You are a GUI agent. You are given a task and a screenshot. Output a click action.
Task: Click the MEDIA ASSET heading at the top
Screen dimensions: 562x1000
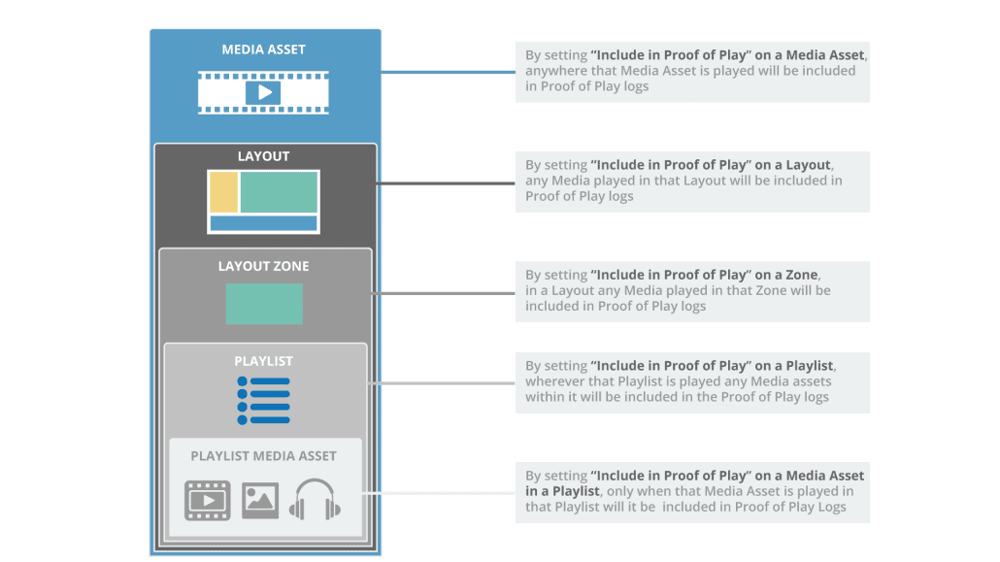(263, 50)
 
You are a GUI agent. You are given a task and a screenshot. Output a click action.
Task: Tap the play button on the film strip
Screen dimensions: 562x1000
(263, 92)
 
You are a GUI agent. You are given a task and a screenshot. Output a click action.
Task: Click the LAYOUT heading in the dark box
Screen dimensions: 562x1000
(263, 156)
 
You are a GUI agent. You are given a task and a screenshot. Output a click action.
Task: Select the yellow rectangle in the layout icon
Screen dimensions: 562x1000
(224, 192)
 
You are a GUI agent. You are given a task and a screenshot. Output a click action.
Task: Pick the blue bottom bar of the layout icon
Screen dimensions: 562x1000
(263, 223)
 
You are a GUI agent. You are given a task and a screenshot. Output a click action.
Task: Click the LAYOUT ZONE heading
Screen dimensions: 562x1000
(263, 266)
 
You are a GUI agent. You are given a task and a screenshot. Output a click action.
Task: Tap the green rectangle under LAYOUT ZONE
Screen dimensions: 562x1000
(264, 304)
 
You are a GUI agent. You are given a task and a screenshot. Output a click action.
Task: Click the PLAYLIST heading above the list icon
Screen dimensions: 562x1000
(263, 361)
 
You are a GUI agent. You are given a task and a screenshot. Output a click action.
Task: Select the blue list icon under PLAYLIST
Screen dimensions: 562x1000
(263, 400)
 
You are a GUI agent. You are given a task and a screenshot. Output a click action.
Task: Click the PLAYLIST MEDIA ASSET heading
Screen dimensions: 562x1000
(263, 455)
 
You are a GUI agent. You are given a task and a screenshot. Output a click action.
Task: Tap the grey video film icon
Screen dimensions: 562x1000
(206, 501)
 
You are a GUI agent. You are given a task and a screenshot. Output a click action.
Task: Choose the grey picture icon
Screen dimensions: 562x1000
(260, 500)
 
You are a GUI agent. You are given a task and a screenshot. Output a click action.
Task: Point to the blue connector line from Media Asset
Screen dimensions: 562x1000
(447, 72)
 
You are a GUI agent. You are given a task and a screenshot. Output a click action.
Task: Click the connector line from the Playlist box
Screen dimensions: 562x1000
(442, 383)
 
